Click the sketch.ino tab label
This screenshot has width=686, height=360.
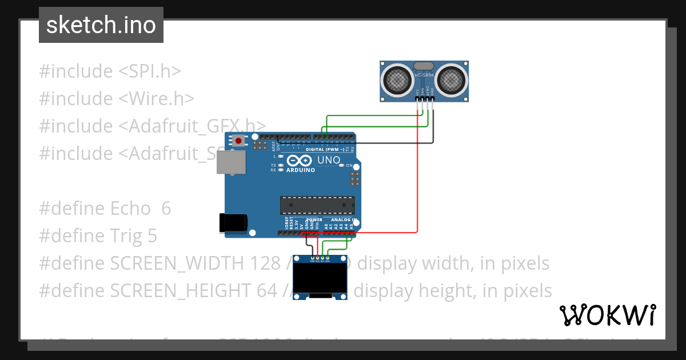(x=101, y=25)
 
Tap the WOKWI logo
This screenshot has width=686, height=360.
(x=607, y=315)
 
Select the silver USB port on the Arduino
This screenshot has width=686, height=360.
(x=231, y=162)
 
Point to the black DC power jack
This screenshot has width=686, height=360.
(x=233, y=223)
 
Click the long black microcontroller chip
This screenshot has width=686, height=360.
(x=317, y=206)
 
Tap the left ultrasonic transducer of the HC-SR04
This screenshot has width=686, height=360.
(x=396, y=80)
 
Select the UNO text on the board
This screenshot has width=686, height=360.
(x=328, y=161)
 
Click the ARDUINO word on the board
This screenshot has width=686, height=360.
(x=300, y=170)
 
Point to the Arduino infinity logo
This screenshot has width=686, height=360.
(x=300, y=161)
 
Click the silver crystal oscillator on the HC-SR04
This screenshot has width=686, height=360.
(x=424, y=67)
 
